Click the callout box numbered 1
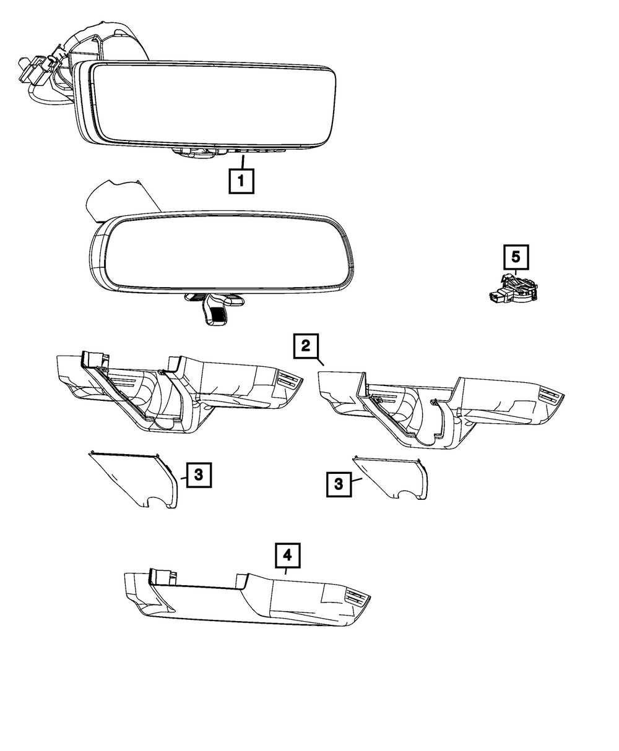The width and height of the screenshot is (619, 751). tap(241, 182)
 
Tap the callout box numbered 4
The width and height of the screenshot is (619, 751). tap(287, 556)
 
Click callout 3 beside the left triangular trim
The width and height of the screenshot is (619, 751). tap(197, 475)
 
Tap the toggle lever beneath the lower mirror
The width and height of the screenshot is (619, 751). tap(214, 309)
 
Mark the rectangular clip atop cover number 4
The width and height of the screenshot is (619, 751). tap(162, 575)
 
